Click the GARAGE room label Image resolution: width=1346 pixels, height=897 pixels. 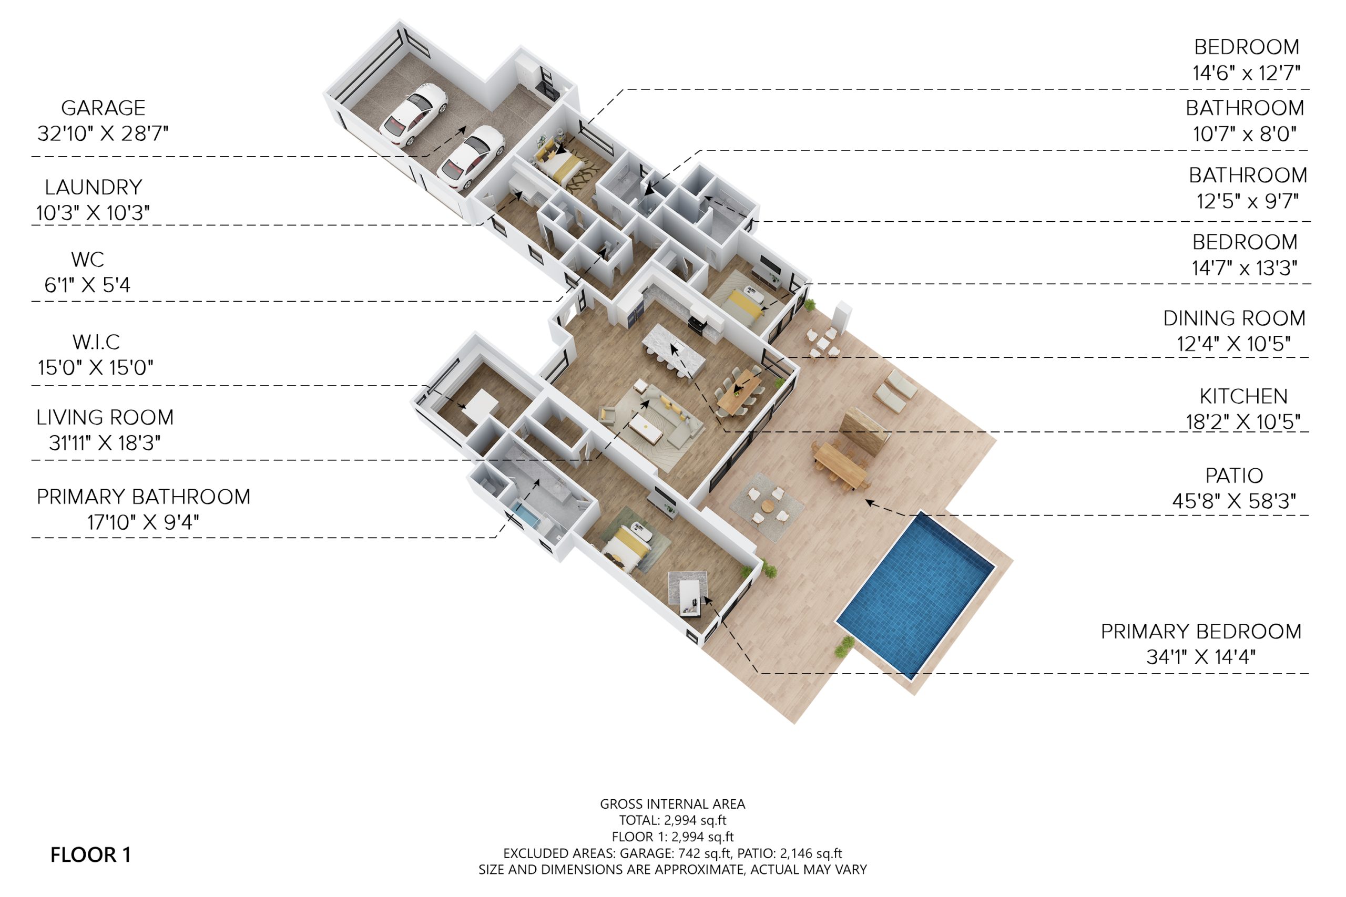pyautogui.click(x=103, y=108)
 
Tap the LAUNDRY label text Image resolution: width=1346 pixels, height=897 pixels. pyautogui.click(x=93, y=187)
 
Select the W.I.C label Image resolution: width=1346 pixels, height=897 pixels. pyautogui.click(x=96, y=342)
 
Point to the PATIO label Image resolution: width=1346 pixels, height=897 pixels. pyautogui.click(x=1234, y=476)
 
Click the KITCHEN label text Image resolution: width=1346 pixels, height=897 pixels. pyautogui.click(x=1243, y=396)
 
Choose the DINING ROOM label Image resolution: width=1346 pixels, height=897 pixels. pyautogui.click(x=1235, y=318)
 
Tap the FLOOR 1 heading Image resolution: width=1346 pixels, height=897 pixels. pyautogui.click(x=90, y=854)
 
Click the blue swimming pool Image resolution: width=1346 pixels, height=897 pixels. pyautogui.click(x=915, y=595)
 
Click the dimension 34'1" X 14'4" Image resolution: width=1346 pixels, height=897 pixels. pyautogui.click(x=1201, y=657)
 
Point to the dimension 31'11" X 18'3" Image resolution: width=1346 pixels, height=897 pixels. pyautogui.click(x=105, y=443)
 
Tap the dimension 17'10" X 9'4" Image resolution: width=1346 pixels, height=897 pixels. pyautogui.click(x=143, y=522)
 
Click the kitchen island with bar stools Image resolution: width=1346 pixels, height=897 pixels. pyautogui.click(x=674, y=347)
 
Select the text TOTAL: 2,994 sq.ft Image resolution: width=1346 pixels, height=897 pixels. pyautogui.click(x=672, y=820)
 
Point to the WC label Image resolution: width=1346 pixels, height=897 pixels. pyautogui.click(x=88, y=259)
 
